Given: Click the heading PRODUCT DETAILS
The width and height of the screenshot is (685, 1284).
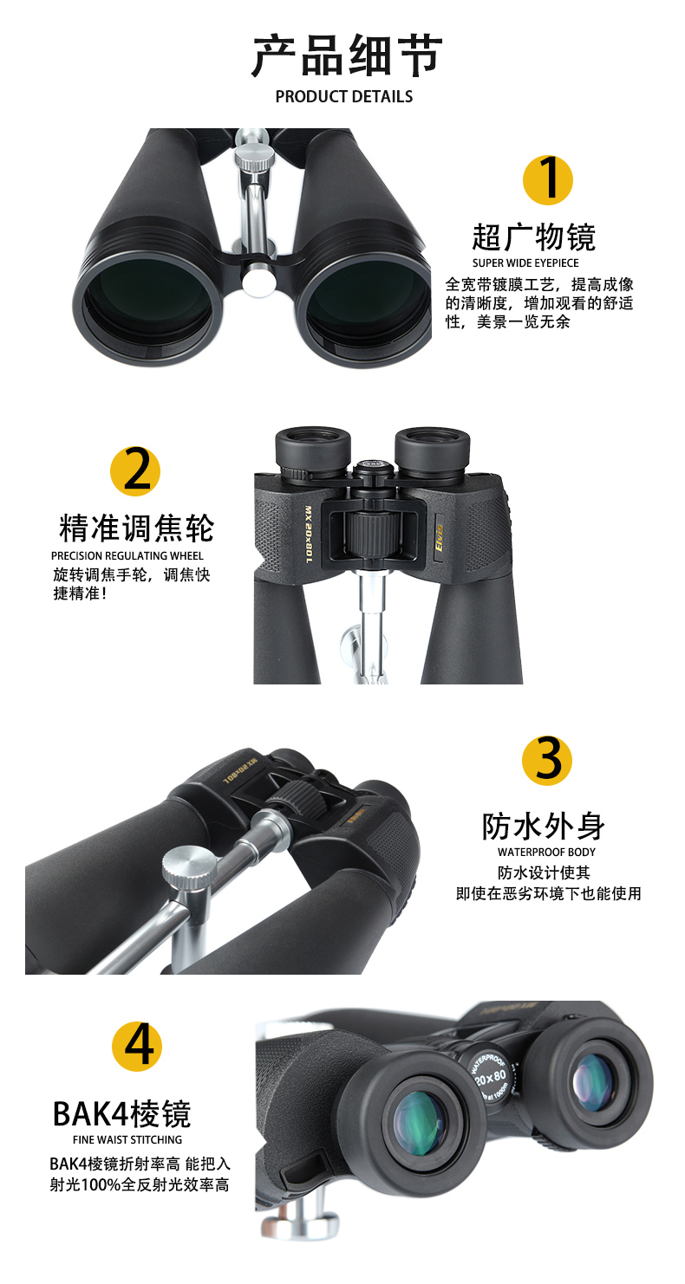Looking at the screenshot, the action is pos(343,96).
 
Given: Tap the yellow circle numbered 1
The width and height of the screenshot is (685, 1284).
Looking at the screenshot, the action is pos(548,180).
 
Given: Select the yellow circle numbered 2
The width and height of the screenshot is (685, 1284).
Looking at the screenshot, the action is pos(135,471).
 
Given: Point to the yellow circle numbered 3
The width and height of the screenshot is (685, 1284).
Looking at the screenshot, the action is pos(547,760).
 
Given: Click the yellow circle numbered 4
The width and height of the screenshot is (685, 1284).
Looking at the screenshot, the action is pos(137,1046).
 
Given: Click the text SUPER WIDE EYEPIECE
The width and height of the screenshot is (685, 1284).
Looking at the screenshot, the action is pos(525,263).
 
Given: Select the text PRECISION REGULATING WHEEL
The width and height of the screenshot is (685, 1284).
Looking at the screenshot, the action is pos(127,555).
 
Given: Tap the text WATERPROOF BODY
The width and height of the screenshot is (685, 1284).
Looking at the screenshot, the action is pos(546,852).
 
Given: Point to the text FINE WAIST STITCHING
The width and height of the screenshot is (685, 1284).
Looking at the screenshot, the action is pos(127,1139).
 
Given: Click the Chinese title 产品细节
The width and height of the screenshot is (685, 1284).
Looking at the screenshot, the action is pos(347,55).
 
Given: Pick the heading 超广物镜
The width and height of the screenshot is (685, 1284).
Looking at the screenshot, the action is pos(534,237).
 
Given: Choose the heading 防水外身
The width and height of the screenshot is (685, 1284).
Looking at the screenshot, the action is pos(544,826).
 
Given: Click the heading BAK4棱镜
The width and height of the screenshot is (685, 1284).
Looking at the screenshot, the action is pos(121,1114).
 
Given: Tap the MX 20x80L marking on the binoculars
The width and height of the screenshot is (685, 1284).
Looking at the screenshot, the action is pos(309,533).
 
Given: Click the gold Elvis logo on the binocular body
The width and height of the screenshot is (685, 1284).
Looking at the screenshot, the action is pos(439,538).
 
